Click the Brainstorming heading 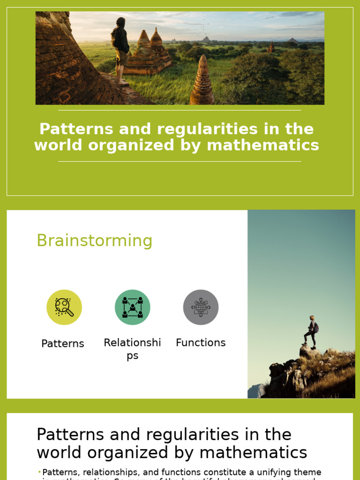(x=94, y=240)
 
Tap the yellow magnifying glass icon (x=64, y=307)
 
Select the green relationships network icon (x=133, y=307)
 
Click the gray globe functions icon (x=201, y=307)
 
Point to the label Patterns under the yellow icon (x=63, y=344)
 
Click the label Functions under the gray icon (x=201, y=343)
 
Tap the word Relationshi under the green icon (x=133, y=343)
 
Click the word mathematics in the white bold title (x=263, y=145)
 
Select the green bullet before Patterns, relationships (x=39, y=472)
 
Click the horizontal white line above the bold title (x=180, y=111)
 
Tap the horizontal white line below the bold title (x=180, y=161)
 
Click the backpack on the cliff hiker (x=316, y=327)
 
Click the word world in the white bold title (x=55, y=145)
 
